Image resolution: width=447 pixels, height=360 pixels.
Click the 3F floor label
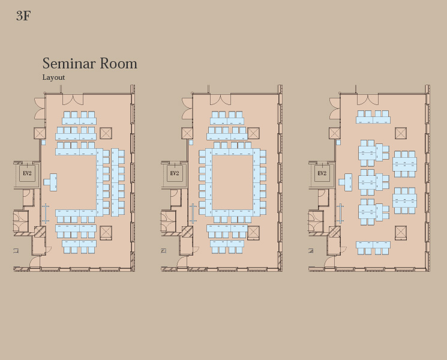[23, 16]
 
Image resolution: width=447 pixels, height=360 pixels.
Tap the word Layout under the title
[53, 77]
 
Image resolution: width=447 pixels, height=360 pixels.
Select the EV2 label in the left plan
[27, 173]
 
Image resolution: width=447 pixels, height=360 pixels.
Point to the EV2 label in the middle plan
[175, 173]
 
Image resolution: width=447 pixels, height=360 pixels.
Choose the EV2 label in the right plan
[322, 173]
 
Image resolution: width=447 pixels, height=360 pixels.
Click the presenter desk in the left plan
[51, 182]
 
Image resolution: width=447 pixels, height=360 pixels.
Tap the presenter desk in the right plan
[346, 182]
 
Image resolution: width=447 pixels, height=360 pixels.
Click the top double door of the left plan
[73, 99]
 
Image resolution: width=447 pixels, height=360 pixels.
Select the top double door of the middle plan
[220, 99]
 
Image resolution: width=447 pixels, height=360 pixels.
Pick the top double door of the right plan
[368, 99]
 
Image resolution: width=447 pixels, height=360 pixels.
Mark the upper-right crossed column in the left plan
[106, 133]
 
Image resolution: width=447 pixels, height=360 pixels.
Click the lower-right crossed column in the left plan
[106, 233]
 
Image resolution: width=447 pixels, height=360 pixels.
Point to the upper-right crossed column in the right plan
[401, 133]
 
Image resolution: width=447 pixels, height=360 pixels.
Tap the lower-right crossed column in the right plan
[401, 233]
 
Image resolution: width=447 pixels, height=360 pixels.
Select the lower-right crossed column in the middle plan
[253, 233]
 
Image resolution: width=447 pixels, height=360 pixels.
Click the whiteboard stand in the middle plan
[193, 213]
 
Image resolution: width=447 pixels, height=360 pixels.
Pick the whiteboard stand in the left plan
[46, 213]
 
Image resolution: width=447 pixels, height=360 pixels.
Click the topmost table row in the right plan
[373, 117]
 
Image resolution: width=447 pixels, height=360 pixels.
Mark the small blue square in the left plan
[43, 142]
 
